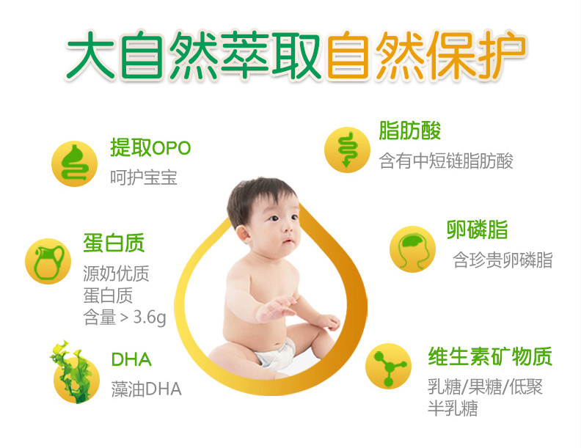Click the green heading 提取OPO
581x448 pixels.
coord(150,147)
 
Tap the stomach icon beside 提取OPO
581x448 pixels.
coord(75,164)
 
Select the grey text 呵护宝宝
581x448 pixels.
coord(144,177)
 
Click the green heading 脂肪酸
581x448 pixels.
coord(409,131)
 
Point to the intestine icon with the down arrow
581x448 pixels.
coord(347,150)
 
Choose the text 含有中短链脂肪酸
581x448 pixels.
coord(446,161)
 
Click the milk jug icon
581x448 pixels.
coord(48,262)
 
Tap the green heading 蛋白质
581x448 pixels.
coord(114,243)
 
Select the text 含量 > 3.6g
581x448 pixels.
coord(125,317)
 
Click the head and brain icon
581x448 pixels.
coord(412,249)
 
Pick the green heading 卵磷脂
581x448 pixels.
coord(477,229)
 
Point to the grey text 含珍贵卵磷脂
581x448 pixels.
coord(503,260)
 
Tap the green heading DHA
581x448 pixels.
coord(131,359)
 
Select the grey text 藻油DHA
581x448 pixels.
coord(147,389)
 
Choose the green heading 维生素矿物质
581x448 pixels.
coord(490,356)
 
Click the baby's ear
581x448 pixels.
coord(244,235)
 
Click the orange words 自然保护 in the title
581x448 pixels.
coord(426,56)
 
